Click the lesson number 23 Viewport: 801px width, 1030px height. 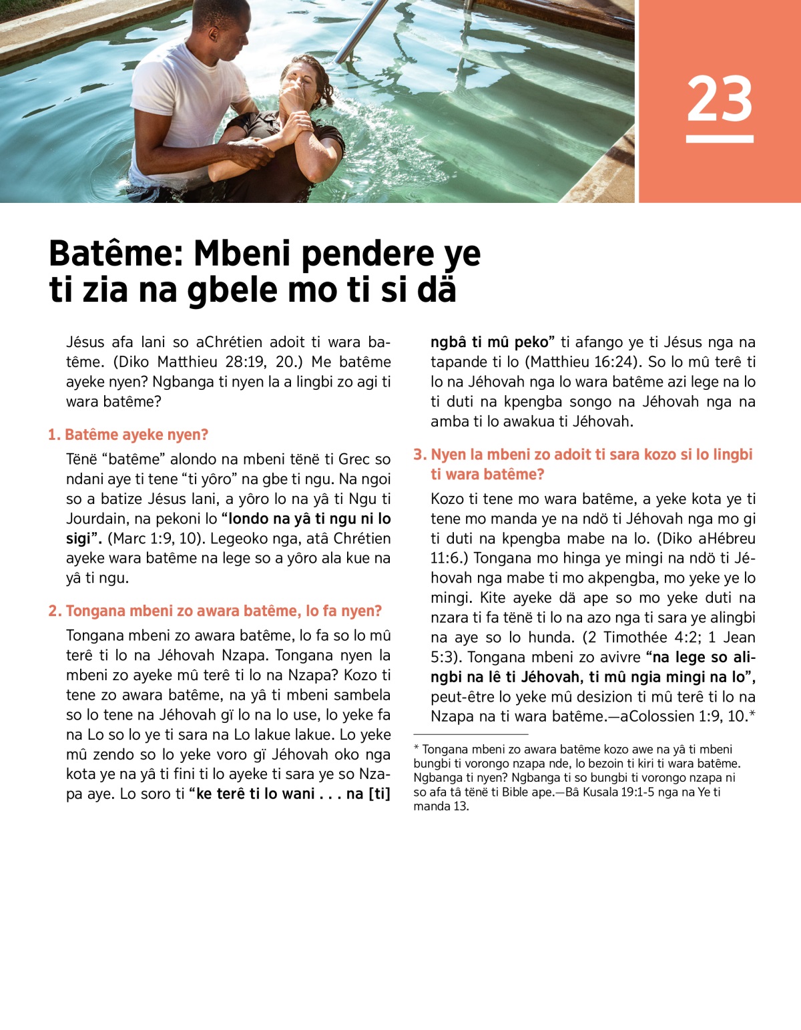pyautogui.click(x=720, y=99)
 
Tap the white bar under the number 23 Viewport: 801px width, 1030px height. pyautogui.click(x=720, y=139)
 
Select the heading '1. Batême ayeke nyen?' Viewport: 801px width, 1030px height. pyautogui.click(x=128, y=435)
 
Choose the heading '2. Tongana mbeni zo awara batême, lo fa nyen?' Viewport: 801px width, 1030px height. pyautogui.click(x=215, y=611)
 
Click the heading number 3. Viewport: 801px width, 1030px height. pyautogui.click(x=419, y=455)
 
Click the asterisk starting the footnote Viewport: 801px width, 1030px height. pyautogui.click(x=417, y=749)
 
